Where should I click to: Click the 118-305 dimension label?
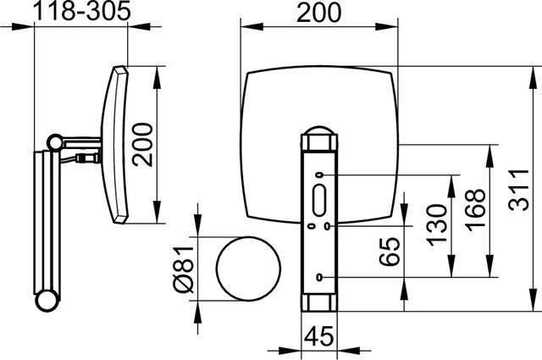tap(81, 10)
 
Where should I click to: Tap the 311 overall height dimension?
tap(518, 190)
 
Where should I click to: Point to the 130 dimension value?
tap(437, 224)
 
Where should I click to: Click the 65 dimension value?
tap(390, 252)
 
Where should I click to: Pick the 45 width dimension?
tap(319, 335)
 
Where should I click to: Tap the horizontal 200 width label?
tap(318, 13)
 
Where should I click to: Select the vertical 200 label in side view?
tap(142, 145)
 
